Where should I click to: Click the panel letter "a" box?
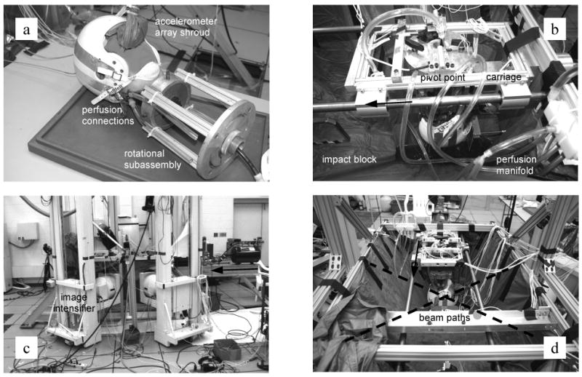click(26, 30)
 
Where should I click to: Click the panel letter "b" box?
click(555, 29)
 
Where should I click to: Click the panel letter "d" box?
click(555, 348)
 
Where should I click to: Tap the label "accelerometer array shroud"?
click(186, 27)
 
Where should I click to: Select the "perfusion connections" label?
click(108, 116)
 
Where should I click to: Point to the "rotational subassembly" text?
click(152, 159)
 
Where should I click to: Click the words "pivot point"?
click(442, 78)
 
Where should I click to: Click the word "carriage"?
click(503, 77)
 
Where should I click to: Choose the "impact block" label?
click(349, 159)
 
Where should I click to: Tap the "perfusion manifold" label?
click(517, 165)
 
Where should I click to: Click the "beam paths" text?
click(445, 318)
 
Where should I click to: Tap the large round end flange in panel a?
click(226, 139)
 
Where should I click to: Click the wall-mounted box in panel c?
click(28, 231)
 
